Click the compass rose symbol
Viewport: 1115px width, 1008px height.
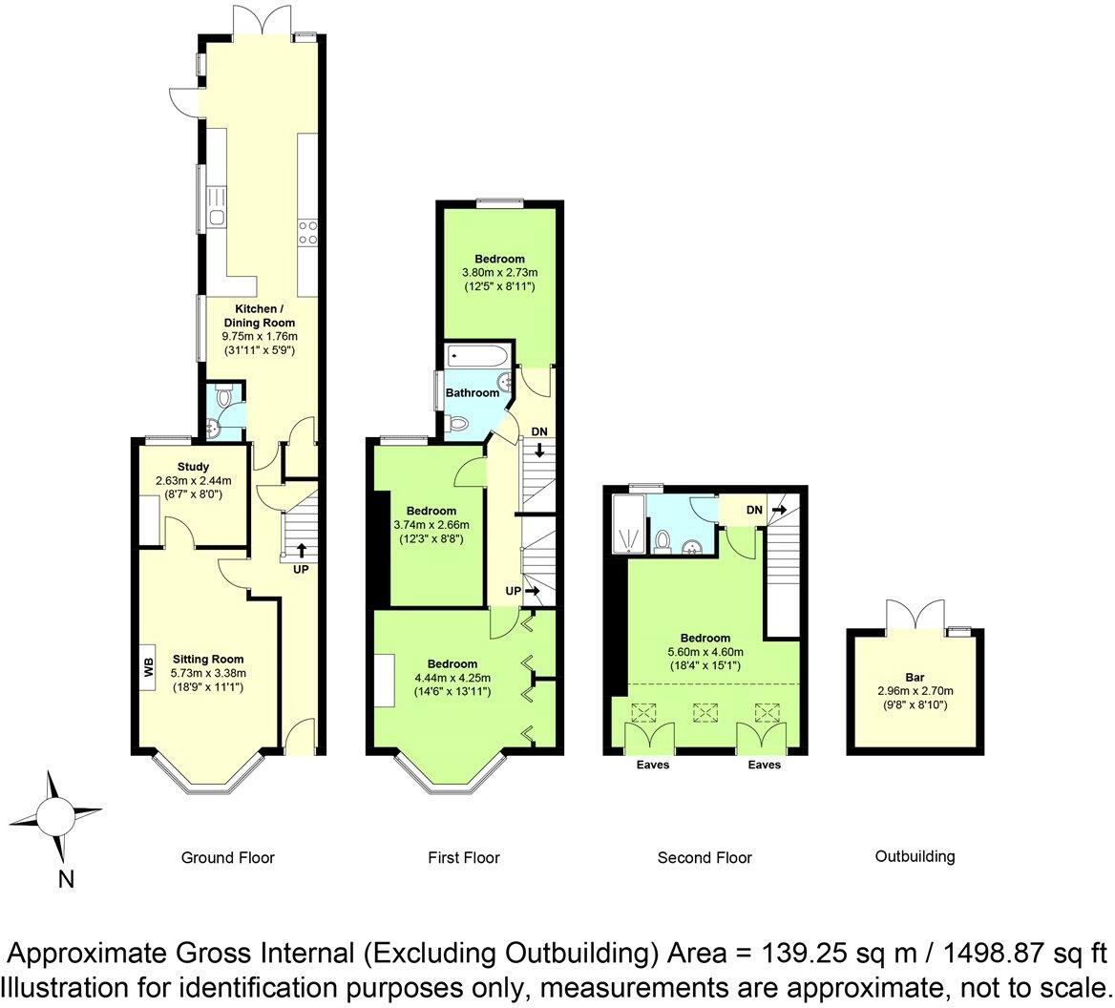[x=53, y=815]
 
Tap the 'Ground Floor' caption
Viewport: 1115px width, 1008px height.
[x=227, y=857]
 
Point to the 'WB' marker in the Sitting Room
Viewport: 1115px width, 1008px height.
[x=149, y=667]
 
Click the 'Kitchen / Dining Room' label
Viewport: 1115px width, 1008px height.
[x=259, y=316]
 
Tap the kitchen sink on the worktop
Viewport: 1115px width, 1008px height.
[x=217, y=218]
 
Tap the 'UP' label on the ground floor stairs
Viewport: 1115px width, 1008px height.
[x=301, y=569]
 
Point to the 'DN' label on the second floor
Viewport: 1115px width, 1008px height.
[x=754, y=511]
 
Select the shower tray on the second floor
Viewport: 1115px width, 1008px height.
[x=627, y=524]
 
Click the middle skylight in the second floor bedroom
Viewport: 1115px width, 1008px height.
[x=706, y=710]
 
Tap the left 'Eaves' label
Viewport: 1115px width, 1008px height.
[x=654, y=765]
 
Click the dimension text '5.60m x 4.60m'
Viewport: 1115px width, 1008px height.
[x=705, y=652]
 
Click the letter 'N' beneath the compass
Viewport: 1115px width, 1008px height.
[x=66, y=880]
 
